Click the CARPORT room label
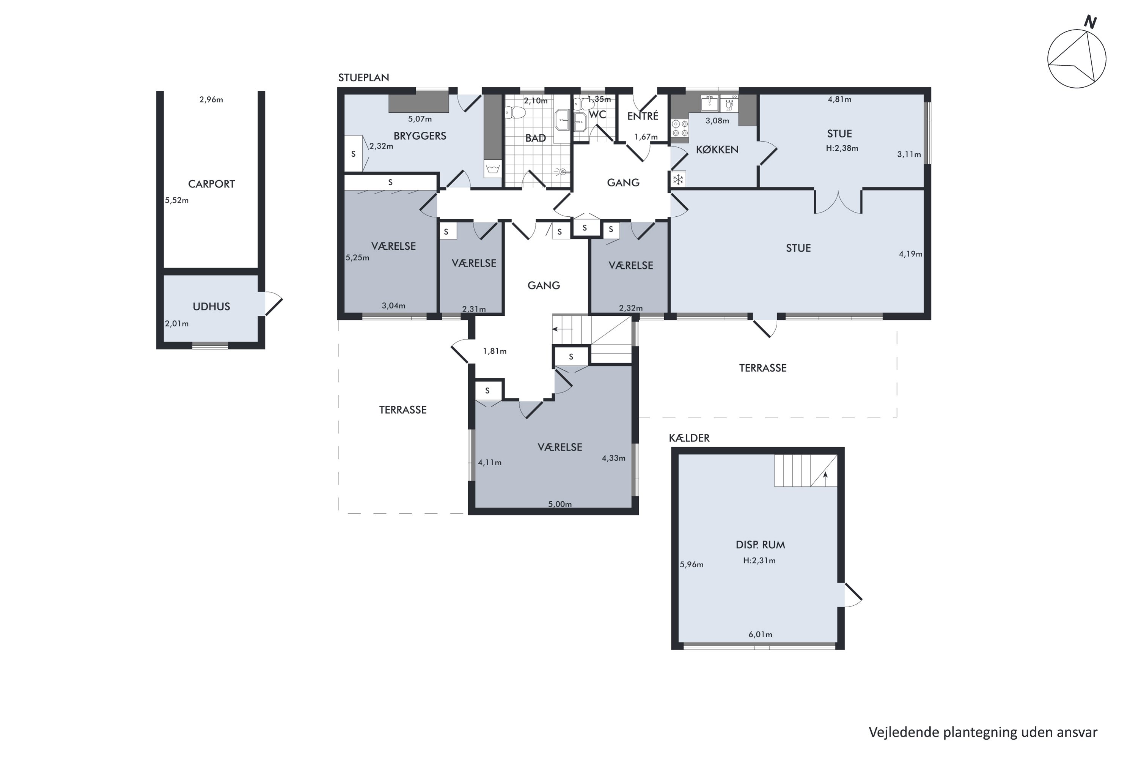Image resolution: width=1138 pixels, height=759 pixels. pos(211,184)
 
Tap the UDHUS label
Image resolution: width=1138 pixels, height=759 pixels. pos(211,306)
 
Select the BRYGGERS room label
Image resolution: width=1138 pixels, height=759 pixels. pos(420,136)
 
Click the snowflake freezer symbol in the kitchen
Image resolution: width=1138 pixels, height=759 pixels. pos(678,180)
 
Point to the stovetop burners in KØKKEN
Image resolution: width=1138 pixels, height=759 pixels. pos(680,128)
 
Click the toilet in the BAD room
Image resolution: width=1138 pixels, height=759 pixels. pos(515,113)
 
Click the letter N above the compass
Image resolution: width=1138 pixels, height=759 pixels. pos(1090,22)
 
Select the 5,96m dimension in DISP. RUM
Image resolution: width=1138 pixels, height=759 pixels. pos(692,564)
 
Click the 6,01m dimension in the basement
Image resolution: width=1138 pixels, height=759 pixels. pos(760,635)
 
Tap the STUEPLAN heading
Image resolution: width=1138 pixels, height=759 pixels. pos(363,77)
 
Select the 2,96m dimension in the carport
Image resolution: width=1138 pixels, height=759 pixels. pos(211,100)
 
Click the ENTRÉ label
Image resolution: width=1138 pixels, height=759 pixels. pos(643,116)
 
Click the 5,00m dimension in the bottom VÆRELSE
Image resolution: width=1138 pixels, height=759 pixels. pos(560,504)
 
